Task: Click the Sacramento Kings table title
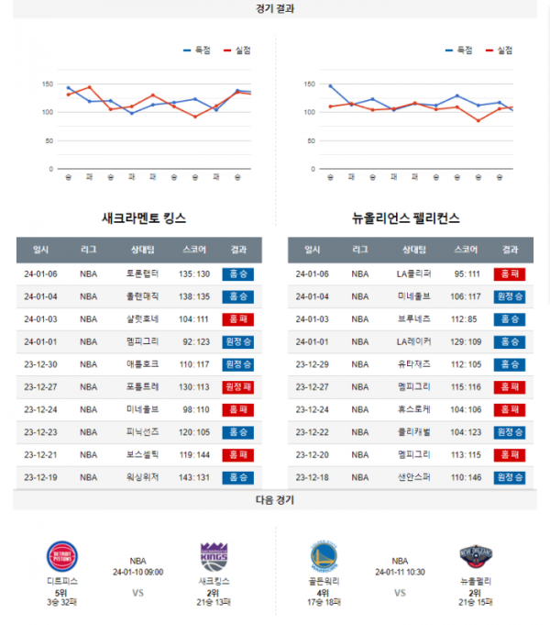pyautogui.click(x=144, y=218)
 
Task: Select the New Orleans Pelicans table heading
pyautogui.click(x=406, y=218)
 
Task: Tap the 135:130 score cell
pyautogui.click(x=194, y=273)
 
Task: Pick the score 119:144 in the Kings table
pyautogui.click(x=194, y=454)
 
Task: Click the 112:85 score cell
pyautogui.click(x=465, y=318)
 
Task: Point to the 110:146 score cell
pyautogui.click(x=465, y=477)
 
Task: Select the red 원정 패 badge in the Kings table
pyautogui.click(x=238, y=386)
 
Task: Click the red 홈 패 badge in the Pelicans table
pyautogui.click(x=509, y=273)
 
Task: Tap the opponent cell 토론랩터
pyautogui.click(x=142, y=273)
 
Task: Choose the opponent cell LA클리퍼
pyautogui.click(x=413, y=273)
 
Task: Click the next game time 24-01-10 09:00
pyautogui.click(x=137, y=572)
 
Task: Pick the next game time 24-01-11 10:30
pyautogui.click(x=400, y=572)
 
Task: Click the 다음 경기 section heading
pyautogui.click(x=275, y=501)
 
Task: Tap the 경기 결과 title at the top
pyautogui.click(x=275, y=8)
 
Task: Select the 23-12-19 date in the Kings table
pyautogui.click(x=41, y=477)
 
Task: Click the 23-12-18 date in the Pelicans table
pyautogui.click(x=312, y=477)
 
